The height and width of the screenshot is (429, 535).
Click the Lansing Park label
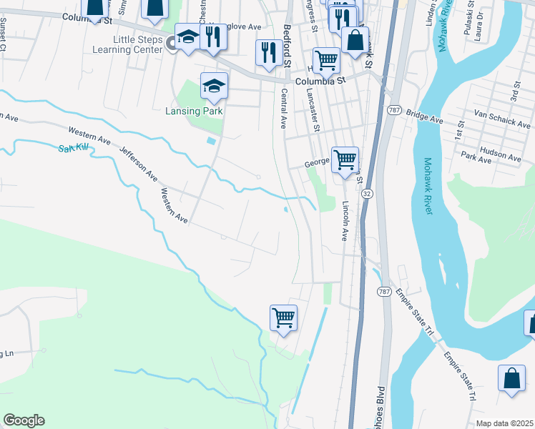coord(195,111)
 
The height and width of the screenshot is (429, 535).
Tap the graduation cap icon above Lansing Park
coord(213,87)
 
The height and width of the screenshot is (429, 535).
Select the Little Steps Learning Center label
coord(132,44)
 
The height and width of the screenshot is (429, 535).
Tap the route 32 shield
coord(366,194)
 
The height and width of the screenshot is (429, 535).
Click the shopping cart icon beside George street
coord(345,159)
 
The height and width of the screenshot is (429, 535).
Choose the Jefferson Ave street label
coord(139,162)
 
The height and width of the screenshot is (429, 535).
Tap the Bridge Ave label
coord(425,113)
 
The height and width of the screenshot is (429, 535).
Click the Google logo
coord(24,420)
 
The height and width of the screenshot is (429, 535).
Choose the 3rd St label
coord(514,92)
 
